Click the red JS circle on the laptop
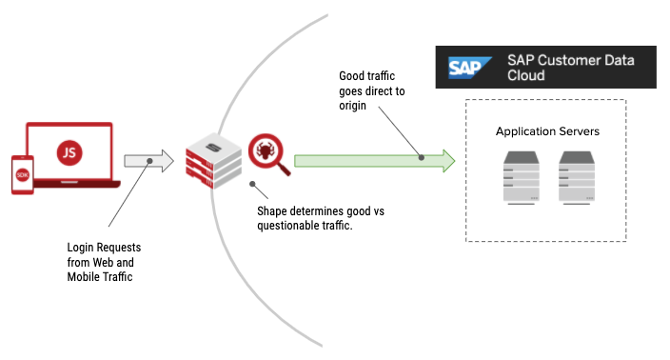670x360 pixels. (69, 151)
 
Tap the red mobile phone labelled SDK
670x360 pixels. (22, 174)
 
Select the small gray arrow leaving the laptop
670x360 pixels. (148, 160)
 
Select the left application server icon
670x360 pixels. (520, 177)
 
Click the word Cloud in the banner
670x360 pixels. (527, 75)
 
